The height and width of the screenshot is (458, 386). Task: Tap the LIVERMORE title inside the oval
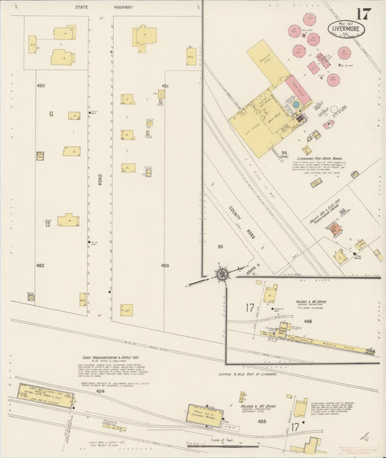(351, 30)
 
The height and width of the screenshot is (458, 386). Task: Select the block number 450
(41, 86)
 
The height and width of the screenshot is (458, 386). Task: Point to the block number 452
(41, 266)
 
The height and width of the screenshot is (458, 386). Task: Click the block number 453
(165, 266)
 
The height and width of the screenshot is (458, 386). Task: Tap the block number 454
(100, 391)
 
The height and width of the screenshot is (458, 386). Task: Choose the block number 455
(262, 420)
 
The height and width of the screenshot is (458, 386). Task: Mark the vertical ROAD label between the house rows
(99, 178)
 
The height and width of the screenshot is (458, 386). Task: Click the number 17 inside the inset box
(249, 308)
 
